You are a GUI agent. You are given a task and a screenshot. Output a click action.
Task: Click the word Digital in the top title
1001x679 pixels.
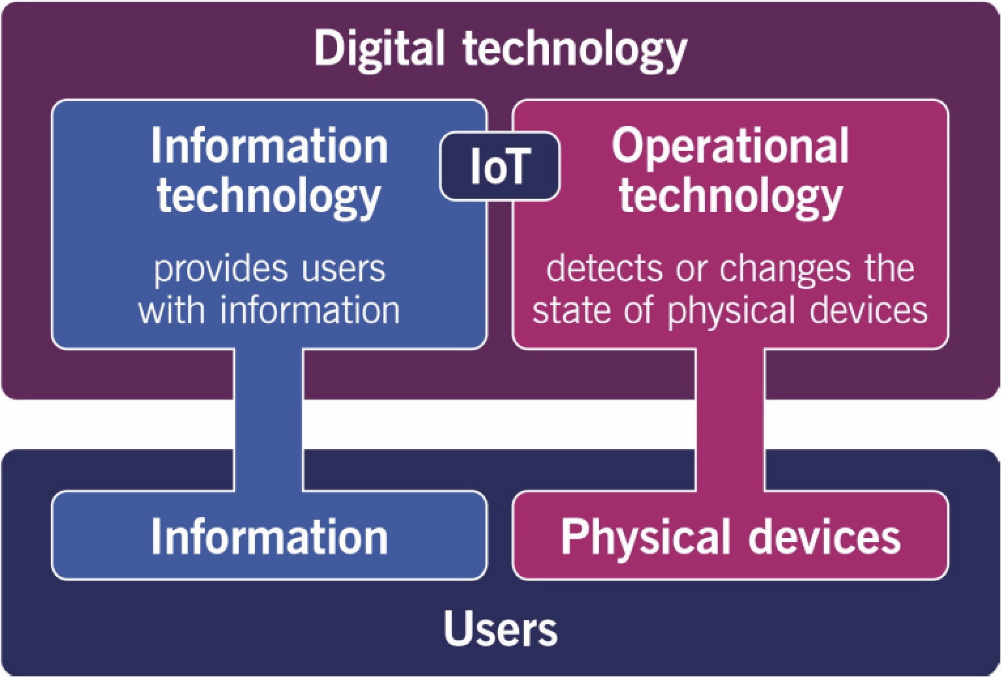coord(379,50)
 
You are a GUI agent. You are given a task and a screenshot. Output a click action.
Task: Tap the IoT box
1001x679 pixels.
coord(500,166)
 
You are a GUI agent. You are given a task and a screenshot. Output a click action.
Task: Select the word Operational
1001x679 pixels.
coord(730,146)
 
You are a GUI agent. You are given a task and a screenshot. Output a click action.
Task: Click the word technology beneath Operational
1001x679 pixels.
coord(730,196)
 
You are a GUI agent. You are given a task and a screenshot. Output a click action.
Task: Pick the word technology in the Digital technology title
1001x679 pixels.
coord(575,50)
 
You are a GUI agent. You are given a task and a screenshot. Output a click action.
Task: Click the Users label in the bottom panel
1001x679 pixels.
coord(500,628)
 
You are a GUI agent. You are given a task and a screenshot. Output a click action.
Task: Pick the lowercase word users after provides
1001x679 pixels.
coord(344,268)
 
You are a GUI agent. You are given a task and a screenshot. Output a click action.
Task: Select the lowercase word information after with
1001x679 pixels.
coord(310,310)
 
